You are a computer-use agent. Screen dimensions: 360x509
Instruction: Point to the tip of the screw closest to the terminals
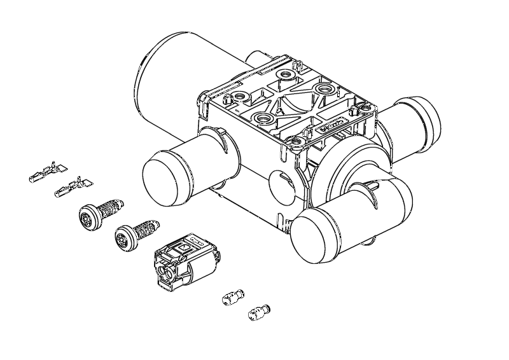[x=121, y=203]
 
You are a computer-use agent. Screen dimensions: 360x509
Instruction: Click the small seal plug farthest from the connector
[x=257, y=312]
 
